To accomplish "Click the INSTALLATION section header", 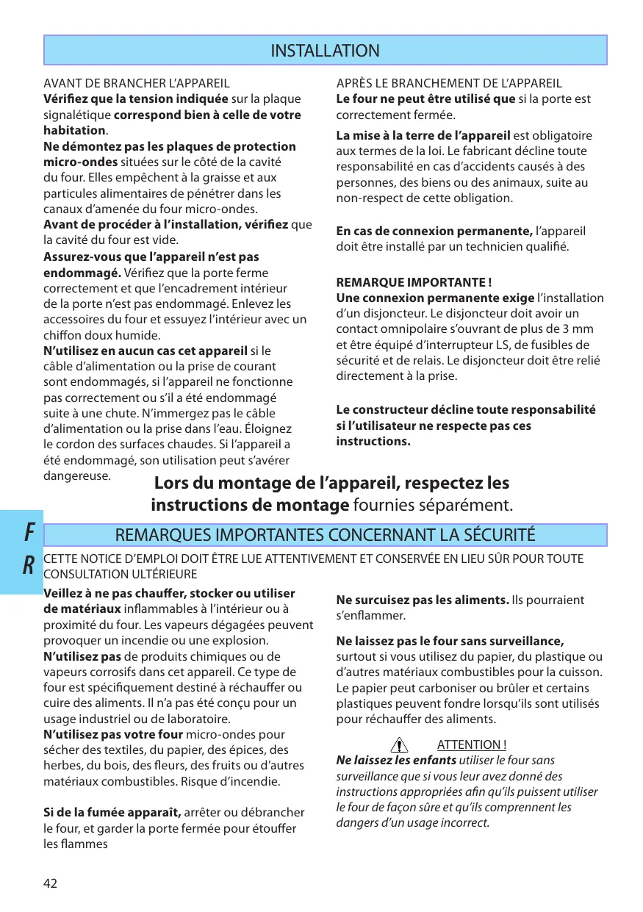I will pos(325,51).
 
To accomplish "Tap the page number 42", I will pos(50,883).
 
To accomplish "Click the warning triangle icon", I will pos(400,746).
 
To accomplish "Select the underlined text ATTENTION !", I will pos(471,745).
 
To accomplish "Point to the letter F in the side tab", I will pos(28,531).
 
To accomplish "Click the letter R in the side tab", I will pos(28,565).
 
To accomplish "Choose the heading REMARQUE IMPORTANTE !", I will pos(414,282).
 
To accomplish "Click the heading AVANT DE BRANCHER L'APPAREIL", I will pos(137,84).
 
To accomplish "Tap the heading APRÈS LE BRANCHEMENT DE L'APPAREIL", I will pos(449,84).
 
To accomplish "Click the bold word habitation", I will pos(74,130).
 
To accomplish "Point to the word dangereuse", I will pos(77,475).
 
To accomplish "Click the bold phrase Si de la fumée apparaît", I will pos(112,812).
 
